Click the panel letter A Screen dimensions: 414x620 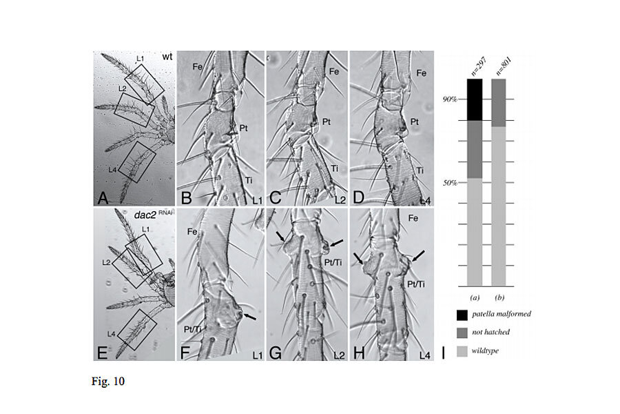point(102,199)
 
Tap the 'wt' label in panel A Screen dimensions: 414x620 point(167,56)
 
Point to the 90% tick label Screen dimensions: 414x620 point(450,99)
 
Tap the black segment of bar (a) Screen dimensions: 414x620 point(474,99)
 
